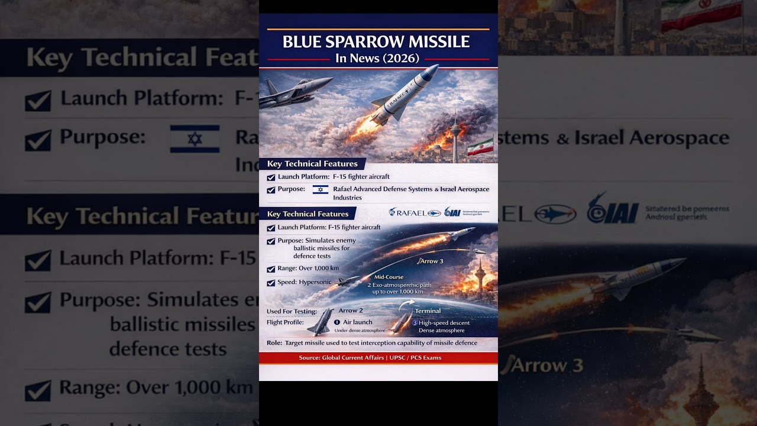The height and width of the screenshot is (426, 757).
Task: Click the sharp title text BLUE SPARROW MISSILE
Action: click(376, 42)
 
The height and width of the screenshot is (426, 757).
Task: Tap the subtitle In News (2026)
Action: click(377, 58)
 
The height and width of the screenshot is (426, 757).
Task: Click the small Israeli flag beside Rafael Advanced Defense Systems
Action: click(321, 189)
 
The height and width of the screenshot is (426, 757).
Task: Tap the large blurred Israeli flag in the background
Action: click(195, 139)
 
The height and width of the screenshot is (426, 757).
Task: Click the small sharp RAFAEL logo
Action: click(415, 213)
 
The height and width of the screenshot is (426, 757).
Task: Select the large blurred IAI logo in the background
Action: click(613, 209)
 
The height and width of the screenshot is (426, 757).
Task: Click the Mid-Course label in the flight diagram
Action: click(389, 277)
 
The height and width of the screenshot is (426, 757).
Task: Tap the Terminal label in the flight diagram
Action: click(428, 311)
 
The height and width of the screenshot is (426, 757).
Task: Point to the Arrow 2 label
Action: click(351, 311)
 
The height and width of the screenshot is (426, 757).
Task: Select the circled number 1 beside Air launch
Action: click(337, 322)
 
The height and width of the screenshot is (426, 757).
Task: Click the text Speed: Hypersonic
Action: click(305, 282)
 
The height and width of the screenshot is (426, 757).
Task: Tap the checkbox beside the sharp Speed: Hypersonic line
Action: click(271, 283)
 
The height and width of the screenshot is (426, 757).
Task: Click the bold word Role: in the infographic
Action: click(274, 343)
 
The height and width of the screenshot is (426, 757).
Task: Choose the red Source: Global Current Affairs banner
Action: click(378, 357)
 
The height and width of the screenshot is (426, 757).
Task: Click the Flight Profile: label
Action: click(285, 322)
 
